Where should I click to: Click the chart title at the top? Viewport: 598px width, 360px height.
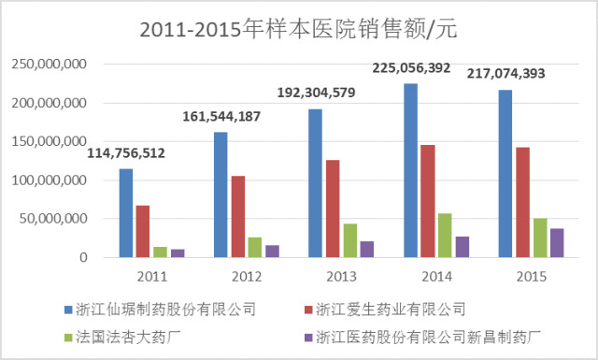(299, 30)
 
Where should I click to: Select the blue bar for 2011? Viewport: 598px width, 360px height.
(126, 213)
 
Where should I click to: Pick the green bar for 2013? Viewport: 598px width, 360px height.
(349, 240)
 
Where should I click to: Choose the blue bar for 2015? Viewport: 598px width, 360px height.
(505, 174)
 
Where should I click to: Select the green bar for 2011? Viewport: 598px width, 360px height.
(160, 252)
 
